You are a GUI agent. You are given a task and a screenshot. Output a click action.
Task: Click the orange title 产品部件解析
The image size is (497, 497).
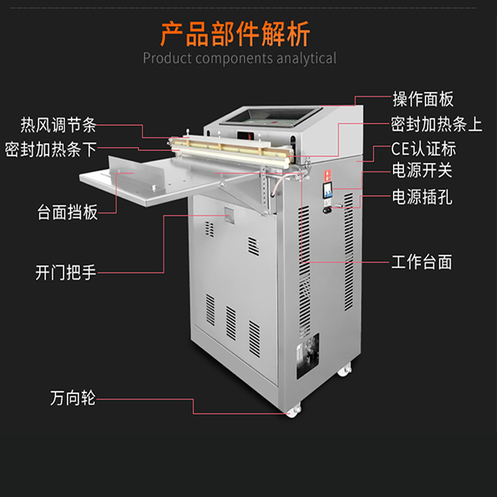point(235,32)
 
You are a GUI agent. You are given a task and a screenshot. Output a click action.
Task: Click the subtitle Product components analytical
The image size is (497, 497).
point(239,58)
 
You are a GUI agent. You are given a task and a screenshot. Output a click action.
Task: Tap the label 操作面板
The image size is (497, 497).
point(423,99)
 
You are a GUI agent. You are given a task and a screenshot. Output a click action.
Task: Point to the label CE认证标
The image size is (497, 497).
point(423,148)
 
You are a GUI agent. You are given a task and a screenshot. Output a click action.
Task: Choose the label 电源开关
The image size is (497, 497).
point(422,171)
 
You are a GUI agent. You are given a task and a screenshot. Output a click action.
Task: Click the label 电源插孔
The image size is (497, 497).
point(422,197)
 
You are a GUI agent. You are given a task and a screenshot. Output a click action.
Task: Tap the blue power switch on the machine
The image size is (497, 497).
point(328,193)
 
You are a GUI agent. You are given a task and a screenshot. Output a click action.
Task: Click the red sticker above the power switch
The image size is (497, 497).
point(327,175)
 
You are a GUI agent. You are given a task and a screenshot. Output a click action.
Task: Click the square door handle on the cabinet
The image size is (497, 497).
point(227,216)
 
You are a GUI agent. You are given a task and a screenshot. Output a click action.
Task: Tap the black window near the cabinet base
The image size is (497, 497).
point(307,355)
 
